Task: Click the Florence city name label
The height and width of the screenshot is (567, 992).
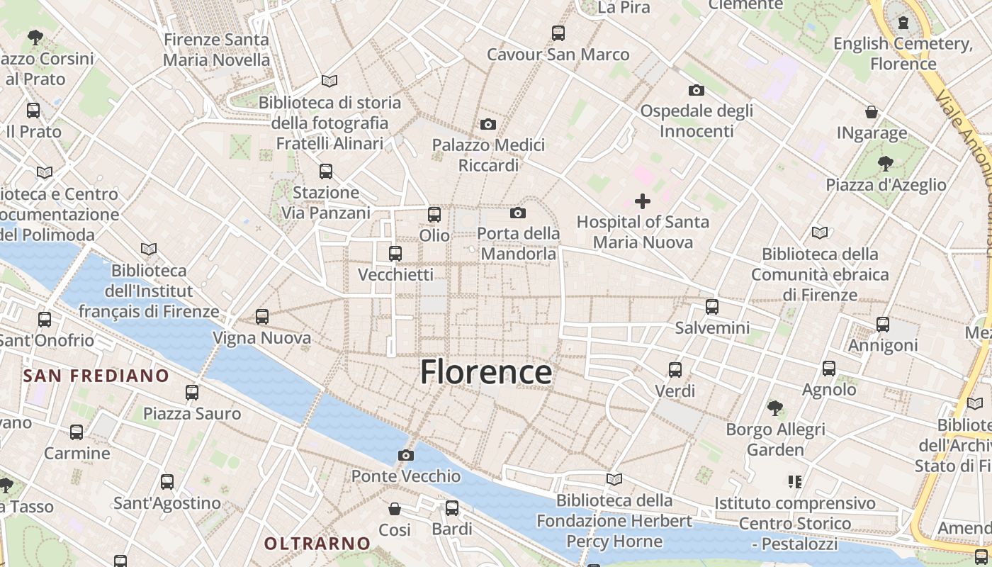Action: point(486,372)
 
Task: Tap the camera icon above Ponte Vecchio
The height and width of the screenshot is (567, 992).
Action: point(406,455)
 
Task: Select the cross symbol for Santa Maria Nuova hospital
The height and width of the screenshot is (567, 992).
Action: point(643,201)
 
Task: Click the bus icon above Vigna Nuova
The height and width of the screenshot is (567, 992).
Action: point(262,317)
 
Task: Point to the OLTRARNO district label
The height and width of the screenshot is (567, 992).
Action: point(317,544)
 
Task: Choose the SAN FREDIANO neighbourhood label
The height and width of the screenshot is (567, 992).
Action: point(96,376)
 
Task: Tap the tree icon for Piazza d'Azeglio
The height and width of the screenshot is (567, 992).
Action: point(885,164)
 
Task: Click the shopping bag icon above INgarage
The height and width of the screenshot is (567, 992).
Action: point(872,112)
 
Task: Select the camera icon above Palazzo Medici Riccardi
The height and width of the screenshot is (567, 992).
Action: point(488,125)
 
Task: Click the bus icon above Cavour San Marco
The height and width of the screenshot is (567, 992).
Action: point(558,33)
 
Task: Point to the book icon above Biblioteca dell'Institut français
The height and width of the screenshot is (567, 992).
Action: point(149,249)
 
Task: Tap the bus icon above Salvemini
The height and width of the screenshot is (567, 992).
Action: point(712,307)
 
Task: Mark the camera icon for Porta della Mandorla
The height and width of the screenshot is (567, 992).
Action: point(518,213)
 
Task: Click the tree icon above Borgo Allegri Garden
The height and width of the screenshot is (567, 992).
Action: point(775,408)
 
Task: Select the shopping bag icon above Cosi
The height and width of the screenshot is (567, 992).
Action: point(395,509)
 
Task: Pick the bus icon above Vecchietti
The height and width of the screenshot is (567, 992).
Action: point(395,253)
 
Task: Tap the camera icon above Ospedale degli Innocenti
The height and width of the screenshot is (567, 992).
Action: point(697,90)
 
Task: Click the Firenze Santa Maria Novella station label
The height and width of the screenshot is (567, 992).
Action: point(216,50)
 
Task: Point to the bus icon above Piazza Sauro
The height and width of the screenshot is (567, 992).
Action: point(192,392)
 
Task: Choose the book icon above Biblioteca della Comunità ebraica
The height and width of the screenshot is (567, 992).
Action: point(820,232)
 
